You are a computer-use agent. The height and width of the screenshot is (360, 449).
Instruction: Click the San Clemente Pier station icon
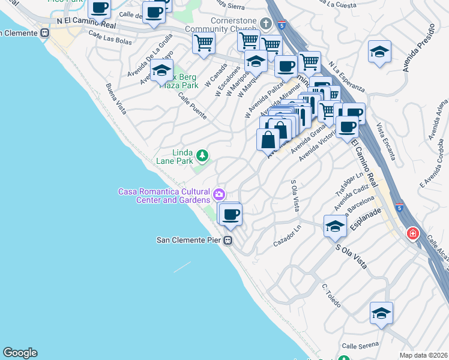pos(228,240)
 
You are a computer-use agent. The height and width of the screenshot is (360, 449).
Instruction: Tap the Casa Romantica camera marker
pos(219,194)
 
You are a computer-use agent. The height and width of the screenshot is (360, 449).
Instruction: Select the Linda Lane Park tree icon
pos(203,156)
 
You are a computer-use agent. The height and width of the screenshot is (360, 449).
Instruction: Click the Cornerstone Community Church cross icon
pos(267,24)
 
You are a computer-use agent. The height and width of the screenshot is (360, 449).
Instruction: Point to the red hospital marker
pos(412,233)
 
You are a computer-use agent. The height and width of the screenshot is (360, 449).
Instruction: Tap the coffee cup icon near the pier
pos(230,214)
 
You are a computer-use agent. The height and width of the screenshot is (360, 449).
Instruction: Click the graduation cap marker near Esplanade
pos(335,226)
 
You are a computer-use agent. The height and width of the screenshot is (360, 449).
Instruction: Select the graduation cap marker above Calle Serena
pos(381,313)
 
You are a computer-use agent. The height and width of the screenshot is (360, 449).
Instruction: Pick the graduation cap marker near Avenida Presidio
pos(379,52)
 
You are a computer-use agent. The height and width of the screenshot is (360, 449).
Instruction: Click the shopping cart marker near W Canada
pos(203,43)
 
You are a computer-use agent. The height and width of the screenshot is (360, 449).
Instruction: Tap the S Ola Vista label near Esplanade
pos(351,257)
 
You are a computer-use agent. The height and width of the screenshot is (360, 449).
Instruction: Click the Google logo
pos(20,353)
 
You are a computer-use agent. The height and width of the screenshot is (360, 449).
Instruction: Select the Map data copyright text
pos(423,355)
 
